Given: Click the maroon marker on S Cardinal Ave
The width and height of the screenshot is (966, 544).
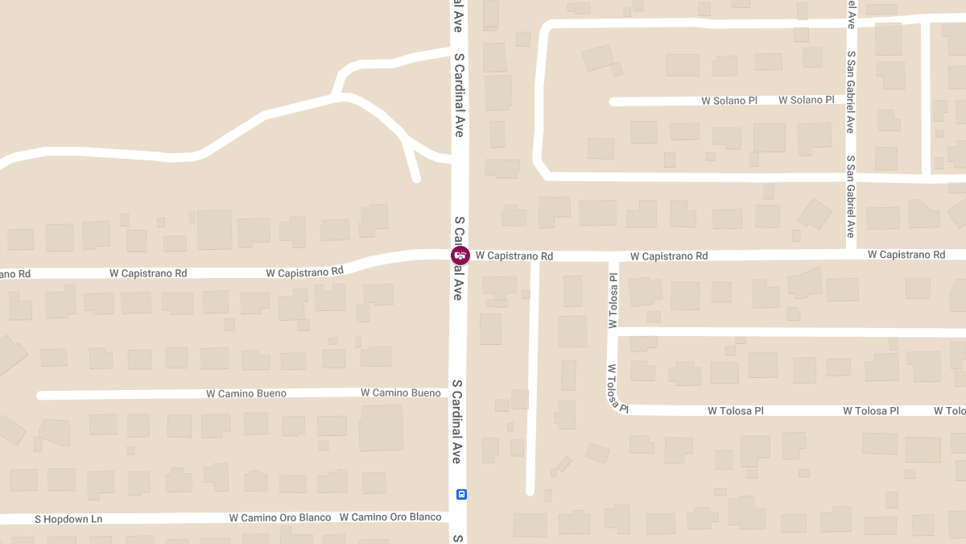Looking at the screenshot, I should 460,255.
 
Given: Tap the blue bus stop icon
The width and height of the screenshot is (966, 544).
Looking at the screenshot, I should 461,494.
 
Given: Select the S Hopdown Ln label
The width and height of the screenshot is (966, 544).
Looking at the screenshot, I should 69,519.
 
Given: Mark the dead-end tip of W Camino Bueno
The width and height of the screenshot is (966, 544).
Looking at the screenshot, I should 40,395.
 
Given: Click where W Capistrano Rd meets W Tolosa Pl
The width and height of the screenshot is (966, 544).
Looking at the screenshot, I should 613,256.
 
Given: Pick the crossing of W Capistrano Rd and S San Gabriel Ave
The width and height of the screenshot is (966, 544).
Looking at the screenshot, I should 851,255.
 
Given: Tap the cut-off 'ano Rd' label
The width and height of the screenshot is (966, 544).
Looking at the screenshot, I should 15,274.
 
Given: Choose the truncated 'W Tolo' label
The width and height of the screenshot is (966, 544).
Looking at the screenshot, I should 950,411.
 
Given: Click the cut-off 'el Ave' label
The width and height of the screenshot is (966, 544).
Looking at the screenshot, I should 851,15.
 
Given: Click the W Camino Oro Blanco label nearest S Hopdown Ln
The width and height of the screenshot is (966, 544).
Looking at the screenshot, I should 279,517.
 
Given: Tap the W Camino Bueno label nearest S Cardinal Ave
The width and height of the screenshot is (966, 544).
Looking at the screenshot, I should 400,392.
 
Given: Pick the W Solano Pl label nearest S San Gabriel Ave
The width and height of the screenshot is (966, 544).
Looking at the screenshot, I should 806,100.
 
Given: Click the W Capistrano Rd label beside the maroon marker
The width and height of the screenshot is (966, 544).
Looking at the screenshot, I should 514,255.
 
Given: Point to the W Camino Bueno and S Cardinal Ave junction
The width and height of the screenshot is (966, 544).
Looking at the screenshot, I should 458,392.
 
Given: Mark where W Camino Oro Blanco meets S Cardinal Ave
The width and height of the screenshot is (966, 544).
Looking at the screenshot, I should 458,516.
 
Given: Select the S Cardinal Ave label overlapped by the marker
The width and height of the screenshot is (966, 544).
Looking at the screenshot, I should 458,258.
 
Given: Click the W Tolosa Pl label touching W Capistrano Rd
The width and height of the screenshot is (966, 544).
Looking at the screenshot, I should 613,300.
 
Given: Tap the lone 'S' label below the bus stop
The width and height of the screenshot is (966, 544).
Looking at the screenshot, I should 457,538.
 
